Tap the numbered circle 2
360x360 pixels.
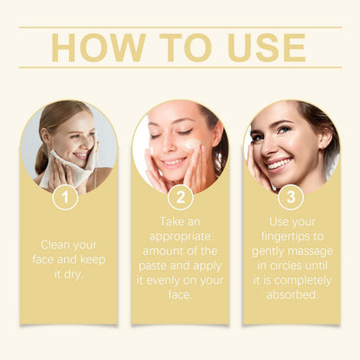point(180,197)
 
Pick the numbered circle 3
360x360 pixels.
point(292,197)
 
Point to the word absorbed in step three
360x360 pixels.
point(292,295)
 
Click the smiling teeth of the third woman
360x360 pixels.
point(280,163)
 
